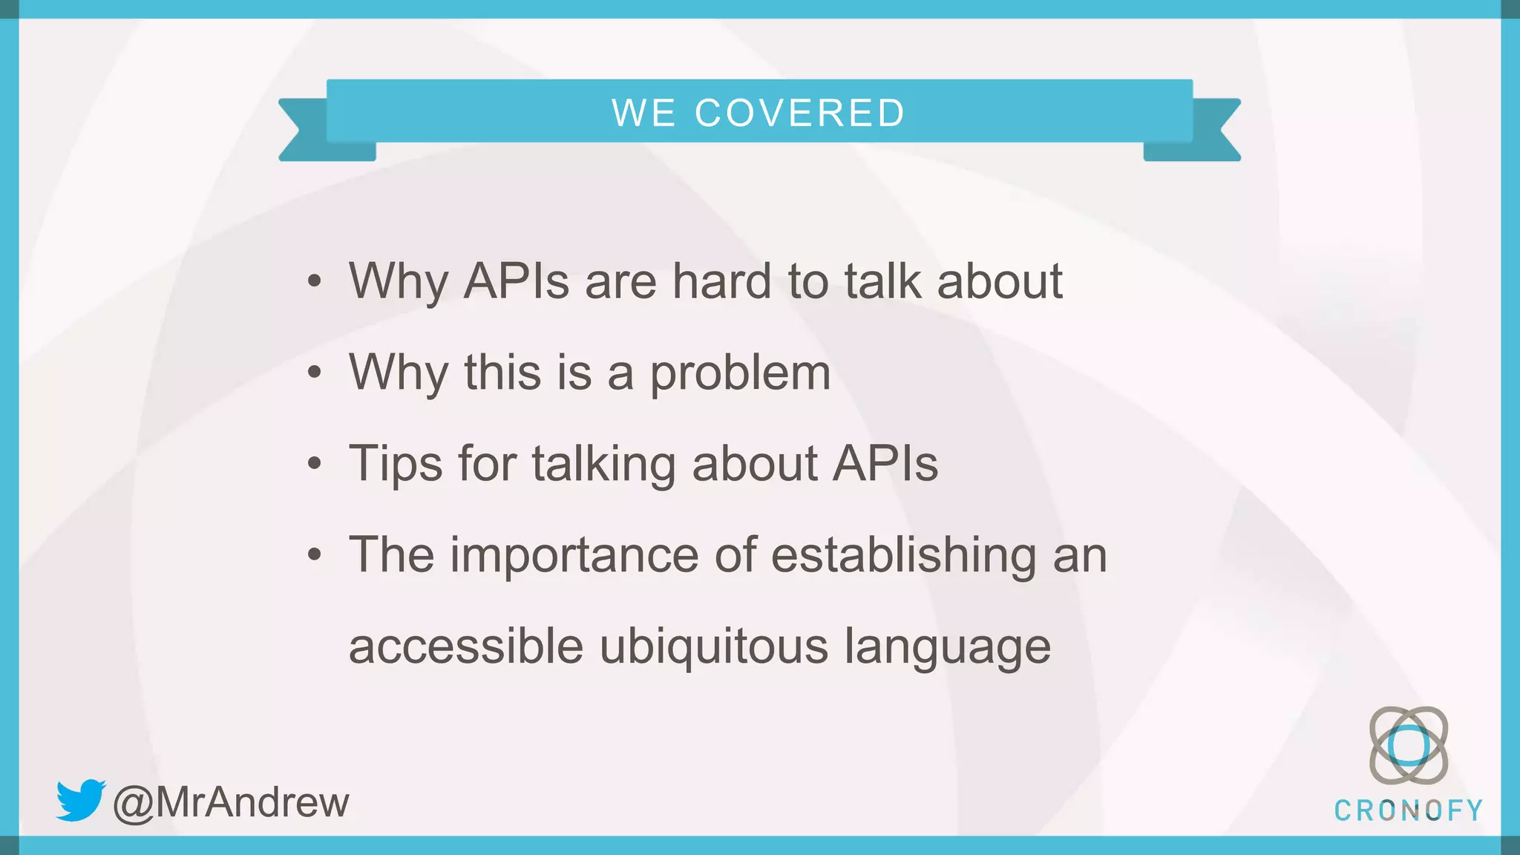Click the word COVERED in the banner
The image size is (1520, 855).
pyautogui.click(x=799, y=114)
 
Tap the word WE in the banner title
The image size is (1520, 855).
pyautogui.click(x=643, y=114)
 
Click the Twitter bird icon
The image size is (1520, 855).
pyautogui.click(x=80, y=799)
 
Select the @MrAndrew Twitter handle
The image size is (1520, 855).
pyautogui.click(x=231, y=802)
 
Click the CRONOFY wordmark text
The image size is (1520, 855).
pyautogui.click(x=1408, y=810)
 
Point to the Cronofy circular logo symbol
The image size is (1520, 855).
pyautogui.click(x=1408, y=745)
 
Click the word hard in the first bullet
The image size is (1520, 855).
pyautogui.click(x=721, y=281)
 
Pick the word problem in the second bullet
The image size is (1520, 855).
pyautogui.click(x=740, y=373)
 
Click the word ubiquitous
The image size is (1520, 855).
pyautogui.click(x=713, y=646)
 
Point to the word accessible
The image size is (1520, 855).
pyautogui.click(x=466, y=646)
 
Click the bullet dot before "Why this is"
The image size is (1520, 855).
pyautogui.click(x=315, y=373)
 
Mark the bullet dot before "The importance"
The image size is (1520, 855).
pyautogui.click(x=315, y=554)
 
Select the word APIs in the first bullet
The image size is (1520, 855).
pyautogui.click(x=516, y=281)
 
